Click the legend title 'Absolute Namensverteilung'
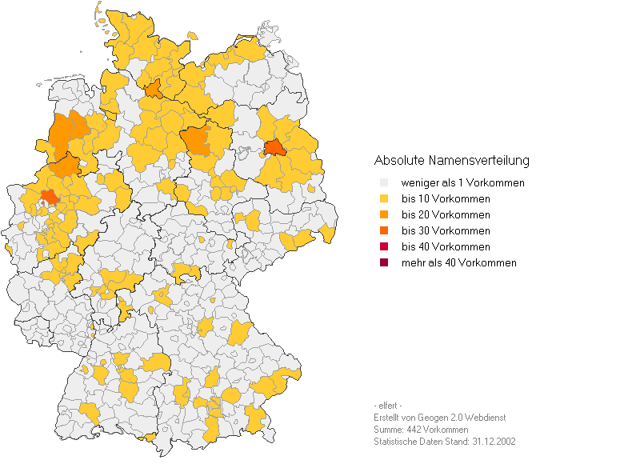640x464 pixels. pyautogui.click(x=451, y=161)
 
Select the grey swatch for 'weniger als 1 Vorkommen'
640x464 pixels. pyautogui.click(x=385, y=183)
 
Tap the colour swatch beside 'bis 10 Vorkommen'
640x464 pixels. pyautogui.click(x=385, y=199)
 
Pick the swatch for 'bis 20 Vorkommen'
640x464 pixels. pyautogui.click(x=385, y=215)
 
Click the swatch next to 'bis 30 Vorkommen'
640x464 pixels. pyautogui.click(x=385, y=231)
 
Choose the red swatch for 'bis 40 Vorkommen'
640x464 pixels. pyautogui.click(x=385, y=247)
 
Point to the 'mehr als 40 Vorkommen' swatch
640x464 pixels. pyautogui.click(x=385, y=263)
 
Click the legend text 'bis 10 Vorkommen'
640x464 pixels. pyautogui.click(x=446, y=199)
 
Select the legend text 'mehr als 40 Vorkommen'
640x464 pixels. pyautogui.click(x=458, y=263)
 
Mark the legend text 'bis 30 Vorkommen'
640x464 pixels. pyautogui.click(x=446, y=231)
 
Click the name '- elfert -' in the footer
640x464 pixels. pyautogui.click(x=388, y=406)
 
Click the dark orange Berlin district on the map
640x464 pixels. pyautogui.click(x=274, y=148)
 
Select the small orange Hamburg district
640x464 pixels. pyautogui.click(x=154, y=88)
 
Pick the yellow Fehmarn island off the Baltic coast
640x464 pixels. pyautogui.click(x=192, y=34)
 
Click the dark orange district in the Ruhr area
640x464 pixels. pyautogui.click(x=50, y=197)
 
